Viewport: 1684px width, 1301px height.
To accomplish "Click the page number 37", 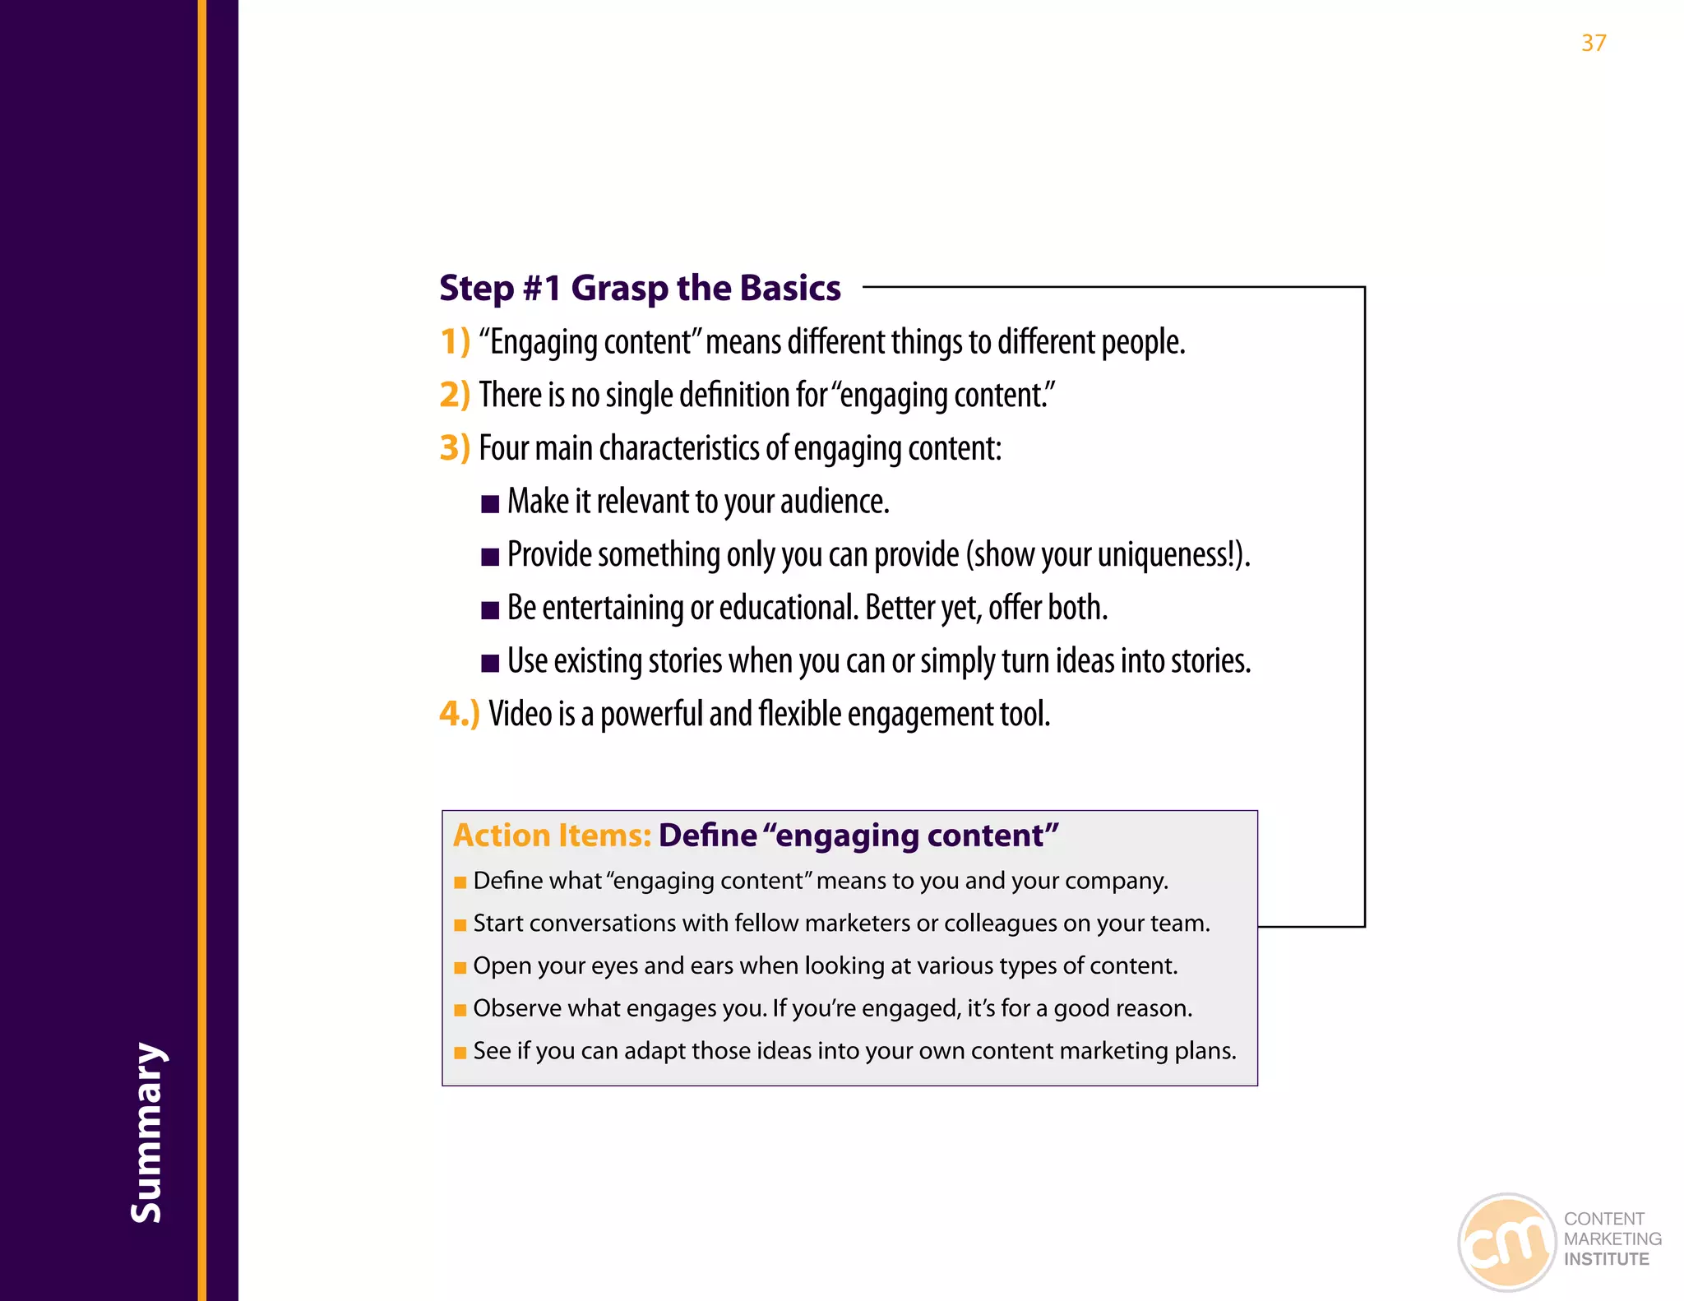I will coord(1593,43).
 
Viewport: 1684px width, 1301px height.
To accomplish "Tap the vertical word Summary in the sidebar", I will coord(148,1132).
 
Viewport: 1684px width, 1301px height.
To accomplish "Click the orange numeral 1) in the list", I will coord(455,341).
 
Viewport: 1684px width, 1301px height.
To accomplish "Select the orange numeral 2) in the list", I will coord(455,395).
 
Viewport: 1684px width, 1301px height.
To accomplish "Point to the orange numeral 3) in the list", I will coord(455,448).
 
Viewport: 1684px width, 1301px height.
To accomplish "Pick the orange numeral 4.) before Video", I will coord(459,713).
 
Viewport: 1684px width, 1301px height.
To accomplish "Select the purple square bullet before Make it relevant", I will coord(490,504).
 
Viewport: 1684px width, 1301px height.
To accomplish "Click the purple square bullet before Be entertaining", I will coord(490,610).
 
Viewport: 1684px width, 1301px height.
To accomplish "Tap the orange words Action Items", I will coord(552,836).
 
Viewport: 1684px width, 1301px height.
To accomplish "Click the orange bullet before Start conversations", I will coord(460,925).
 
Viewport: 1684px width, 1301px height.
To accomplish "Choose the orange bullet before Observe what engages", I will coord(460,1010).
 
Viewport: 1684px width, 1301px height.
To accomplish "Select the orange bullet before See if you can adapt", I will coord(460,1053).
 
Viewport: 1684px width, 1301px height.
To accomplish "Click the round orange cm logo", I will coord(1506,1242).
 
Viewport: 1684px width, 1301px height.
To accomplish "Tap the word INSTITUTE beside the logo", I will coord(1606,1259).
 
